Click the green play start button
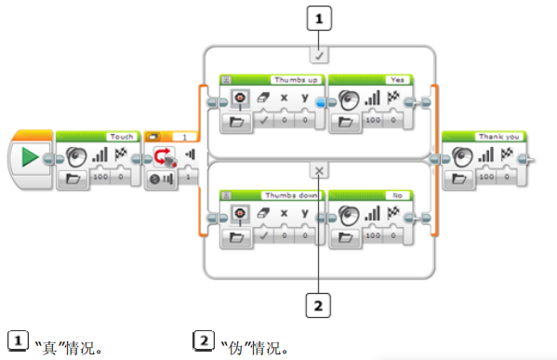click(x=31, y=158)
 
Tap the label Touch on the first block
click(x=121, y=136)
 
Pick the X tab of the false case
click(x=318, y=171)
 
